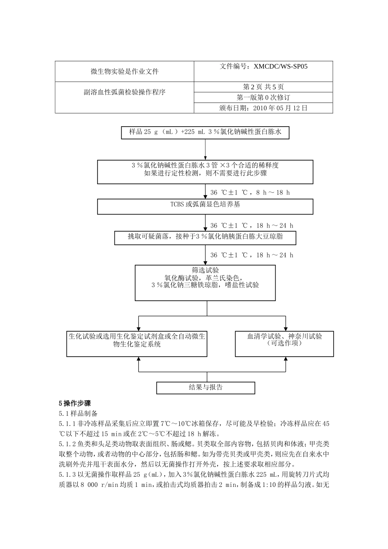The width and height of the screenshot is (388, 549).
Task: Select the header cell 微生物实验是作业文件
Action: [x=125, y=71]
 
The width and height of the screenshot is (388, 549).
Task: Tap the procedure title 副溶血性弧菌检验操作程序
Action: [x=125, y=92]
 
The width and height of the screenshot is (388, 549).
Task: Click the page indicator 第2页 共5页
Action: [x=263, y=87]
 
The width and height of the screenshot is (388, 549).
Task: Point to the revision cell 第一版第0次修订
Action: [x=263, y=98]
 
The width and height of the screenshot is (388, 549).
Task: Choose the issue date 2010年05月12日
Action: [x=263, y=108]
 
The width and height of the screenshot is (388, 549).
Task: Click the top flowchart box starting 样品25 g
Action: [x=205, y=132]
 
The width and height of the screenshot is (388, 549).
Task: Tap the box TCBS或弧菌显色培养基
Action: [x=205, y=205]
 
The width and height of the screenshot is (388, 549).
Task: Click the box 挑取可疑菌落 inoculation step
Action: [x=205, y=237]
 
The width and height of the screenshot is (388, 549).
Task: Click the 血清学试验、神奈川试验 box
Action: [x=284, y=340]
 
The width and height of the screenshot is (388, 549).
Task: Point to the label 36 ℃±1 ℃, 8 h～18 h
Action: [x=250, y=192]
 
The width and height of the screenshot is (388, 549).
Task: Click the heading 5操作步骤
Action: [x=75, y=403]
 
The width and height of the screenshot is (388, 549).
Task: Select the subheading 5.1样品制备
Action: [x=78, y=413]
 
